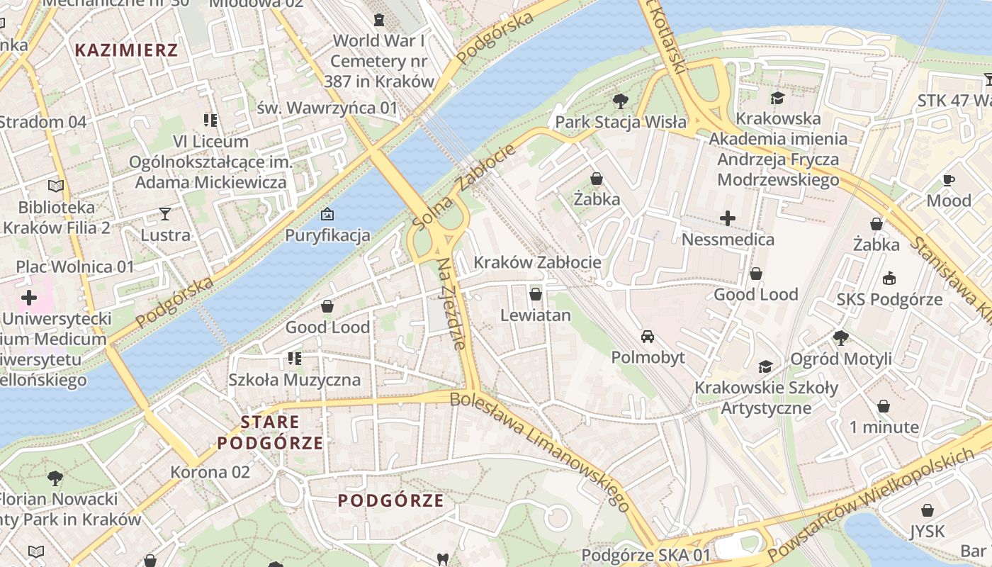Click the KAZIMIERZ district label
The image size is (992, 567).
(126, 50)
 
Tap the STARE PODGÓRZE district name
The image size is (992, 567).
(270, 432)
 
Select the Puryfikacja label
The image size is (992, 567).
(327, 235)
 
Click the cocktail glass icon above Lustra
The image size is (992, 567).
(165, 213)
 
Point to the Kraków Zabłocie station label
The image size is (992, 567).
(537, 262)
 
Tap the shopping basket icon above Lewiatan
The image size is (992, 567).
(536, 294)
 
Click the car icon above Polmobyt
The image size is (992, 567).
(648, 336)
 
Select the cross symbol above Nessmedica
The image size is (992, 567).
(728, 218)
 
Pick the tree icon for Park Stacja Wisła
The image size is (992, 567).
(621, 101)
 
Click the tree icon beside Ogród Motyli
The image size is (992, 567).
(841, 337)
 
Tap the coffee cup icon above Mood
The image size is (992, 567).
(949, 180)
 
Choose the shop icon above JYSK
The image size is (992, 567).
(927, 510)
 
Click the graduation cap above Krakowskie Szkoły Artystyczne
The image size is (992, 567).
(765, 366)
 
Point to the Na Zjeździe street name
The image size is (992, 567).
(451, 303)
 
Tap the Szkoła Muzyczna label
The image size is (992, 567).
(294, 380)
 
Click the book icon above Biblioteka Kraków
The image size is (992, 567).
(56, 186)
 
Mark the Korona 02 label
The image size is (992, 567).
(210, 472)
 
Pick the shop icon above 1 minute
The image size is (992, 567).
(884, 406)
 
